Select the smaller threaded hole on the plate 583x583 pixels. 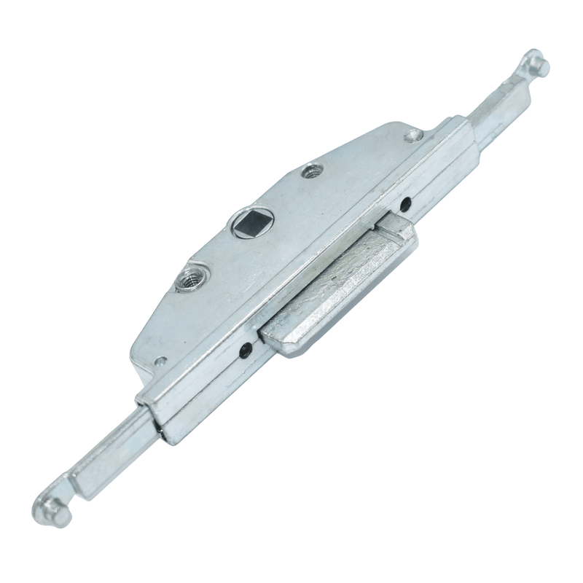point(313,172)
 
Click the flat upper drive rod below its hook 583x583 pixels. point(496,109)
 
